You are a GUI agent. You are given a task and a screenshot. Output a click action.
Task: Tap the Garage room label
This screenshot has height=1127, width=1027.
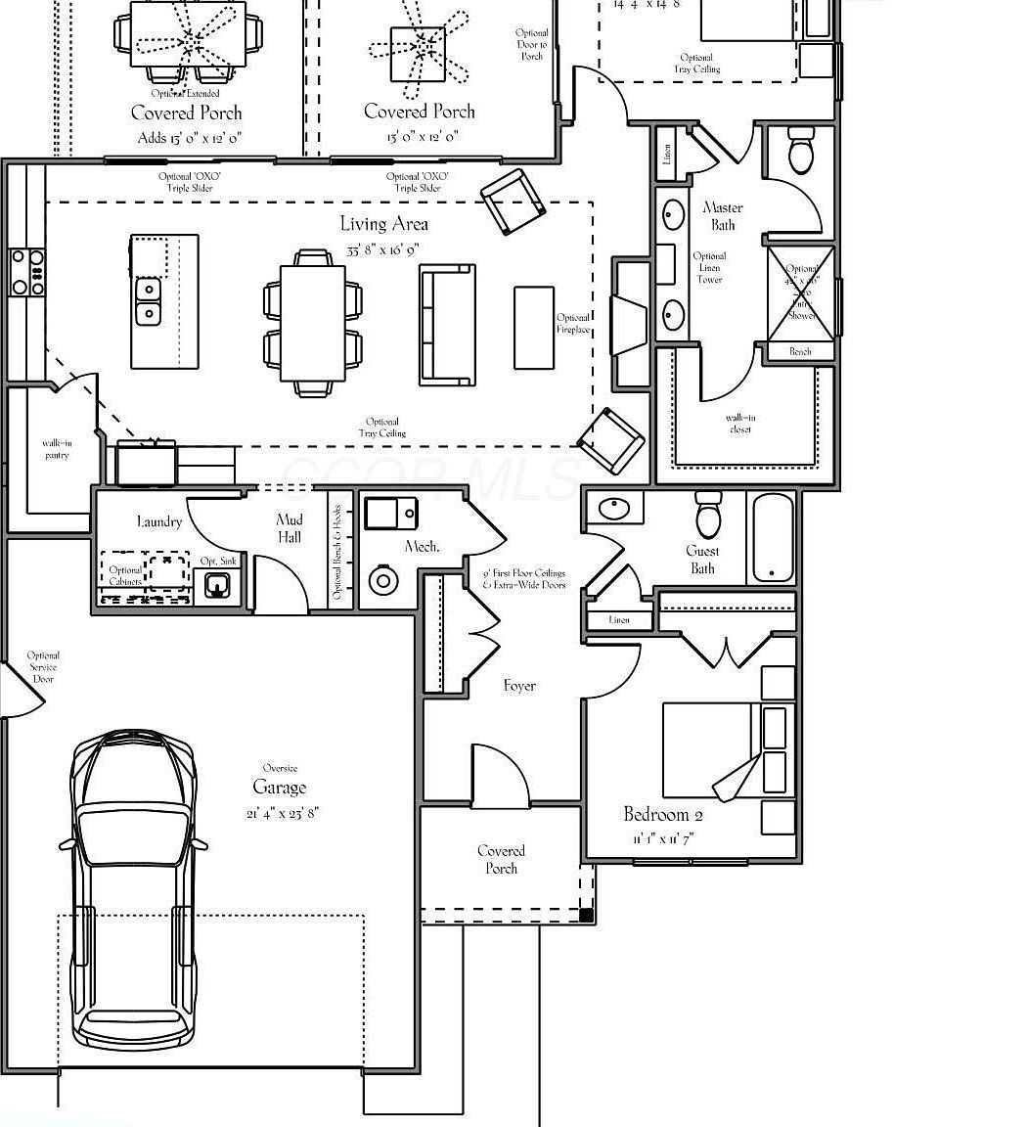click(x=279, y=788)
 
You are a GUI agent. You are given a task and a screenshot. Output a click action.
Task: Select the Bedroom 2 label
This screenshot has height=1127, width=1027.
click(x=663, y=815)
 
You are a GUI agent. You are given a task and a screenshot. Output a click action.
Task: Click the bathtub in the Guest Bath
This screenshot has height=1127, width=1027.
click(x=772, y=537)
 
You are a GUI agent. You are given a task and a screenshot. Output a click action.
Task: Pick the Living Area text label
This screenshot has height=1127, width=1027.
click(x=383, y=224)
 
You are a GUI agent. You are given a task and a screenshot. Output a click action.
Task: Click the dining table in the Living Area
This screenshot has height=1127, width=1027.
click(x=313, y=323)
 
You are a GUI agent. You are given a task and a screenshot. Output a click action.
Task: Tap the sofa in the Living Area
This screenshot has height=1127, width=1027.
click(x=447, y=323)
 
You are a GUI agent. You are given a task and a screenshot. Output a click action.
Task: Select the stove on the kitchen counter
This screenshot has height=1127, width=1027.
click(x=26, y=272)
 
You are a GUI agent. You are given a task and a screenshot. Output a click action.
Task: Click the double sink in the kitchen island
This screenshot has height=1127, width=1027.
click(x=149, y=301)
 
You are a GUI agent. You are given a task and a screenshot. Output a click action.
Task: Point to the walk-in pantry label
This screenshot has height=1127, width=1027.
click(x=57, y=449)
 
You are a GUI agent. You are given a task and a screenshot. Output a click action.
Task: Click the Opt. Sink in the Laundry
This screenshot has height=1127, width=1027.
click(x=217, y=585)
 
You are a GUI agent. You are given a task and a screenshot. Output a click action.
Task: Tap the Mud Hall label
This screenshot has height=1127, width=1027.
click(x=290, y=528)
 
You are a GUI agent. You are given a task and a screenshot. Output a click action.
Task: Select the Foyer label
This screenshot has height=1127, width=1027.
click(x=519, y=686)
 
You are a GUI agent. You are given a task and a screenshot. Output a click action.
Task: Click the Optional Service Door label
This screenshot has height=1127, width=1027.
click(x=43, y=667)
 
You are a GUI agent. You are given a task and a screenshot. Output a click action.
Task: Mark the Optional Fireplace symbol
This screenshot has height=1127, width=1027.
click(x=629, y=324)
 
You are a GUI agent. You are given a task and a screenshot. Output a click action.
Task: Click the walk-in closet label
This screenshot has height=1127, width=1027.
click(x=740, y=424)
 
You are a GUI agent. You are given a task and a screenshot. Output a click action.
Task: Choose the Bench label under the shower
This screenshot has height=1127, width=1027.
click(x=800, y=351)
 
